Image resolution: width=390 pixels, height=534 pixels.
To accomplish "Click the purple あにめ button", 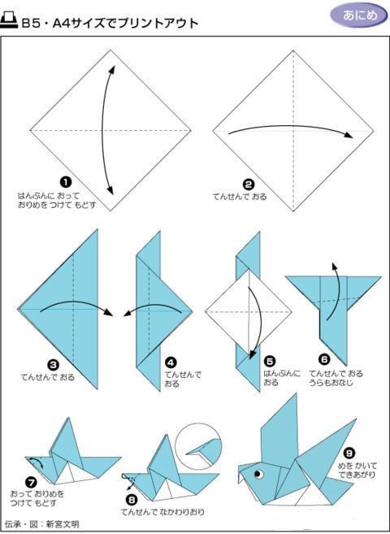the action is pos(359,15).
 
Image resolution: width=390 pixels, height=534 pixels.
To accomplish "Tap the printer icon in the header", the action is pos(9,21).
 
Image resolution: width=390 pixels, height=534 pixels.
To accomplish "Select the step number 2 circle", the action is pos(249,185).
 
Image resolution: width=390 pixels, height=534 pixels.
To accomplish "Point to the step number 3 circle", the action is pos(54,366).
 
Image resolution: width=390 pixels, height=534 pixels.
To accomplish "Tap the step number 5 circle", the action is pos(270,362).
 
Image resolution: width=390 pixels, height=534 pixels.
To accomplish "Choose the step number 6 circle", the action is pos(324,359).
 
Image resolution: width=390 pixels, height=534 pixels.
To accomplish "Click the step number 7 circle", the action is pos(31,483).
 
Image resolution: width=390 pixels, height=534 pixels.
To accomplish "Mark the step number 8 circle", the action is pos(132,500).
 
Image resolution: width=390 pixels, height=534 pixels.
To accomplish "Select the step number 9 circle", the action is pos(349,454).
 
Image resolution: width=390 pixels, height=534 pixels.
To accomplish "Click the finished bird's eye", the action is pos(258,473).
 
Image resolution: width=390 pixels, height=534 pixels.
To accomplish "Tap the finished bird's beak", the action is pos(242,476).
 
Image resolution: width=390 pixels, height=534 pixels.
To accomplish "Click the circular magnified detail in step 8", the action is pos(198,445).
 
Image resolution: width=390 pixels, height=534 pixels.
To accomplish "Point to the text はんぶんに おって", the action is pos(48,196).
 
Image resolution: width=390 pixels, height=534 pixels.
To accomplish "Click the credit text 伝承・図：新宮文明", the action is pos(42,523).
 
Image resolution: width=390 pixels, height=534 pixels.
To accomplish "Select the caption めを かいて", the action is pos(357,465).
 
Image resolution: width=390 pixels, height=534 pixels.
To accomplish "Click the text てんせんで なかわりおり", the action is pos(163,512).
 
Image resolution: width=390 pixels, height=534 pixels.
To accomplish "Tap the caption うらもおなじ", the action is pos(331,383).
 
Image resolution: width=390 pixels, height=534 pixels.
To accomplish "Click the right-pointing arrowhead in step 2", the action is pos(349,135).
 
